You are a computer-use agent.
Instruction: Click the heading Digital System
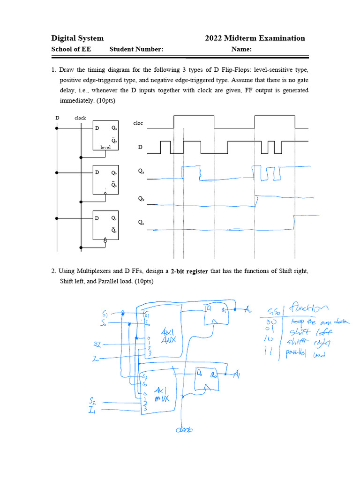coord(77,38)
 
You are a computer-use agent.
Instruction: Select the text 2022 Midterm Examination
coord(255,38)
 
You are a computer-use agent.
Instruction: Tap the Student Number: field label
coord(136,50)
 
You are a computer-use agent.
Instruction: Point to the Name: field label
coord(242,50)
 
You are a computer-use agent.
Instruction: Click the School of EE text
coord(71,50)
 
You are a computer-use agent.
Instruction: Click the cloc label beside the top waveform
coord(138,123)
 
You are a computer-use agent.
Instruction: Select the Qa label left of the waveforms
coord(141,172)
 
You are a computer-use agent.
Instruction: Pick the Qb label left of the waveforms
coord(141,199)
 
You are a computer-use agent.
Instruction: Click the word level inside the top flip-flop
coord(105,147)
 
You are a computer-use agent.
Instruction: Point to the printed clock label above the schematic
coord(80,118)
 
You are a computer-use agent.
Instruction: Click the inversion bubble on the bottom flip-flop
coord(105,240)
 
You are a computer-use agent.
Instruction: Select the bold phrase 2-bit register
coord(189,271)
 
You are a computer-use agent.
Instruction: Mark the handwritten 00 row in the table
coord(273,322)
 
